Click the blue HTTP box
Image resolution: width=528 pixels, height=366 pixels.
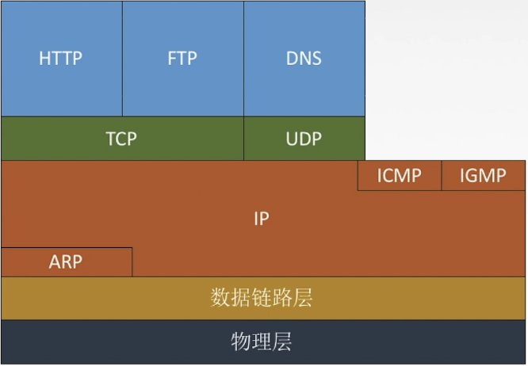point(61,59)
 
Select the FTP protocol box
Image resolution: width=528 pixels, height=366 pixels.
point(182,59)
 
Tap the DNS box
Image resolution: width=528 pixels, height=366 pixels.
point(304,59)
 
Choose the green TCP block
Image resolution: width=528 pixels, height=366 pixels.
point(121,139)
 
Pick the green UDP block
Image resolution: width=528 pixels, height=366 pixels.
point(304,139)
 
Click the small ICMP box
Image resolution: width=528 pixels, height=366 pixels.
point(399,175)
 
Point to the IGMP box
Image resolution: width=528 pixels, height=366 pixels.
point(483,175)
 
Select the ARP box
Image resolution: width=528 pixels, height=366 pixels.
point(66,261)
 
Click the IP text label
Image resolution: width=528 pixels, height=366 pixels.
point(262,219)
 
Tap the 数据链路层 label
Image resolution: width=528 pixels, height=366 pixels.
point(262,298)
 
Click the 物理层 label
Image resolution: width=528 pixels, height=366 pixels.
point(262,342)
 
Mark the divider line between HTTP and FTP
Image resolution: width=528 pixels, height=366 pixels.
point(122,59)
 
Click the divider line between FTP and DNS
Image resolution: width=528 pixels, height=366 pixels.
point(243,59)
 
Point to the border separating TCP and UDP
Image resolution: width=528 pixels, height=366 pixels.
point(243,139)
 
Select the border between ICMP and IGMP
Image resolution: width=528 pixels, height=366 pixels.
point(441,175)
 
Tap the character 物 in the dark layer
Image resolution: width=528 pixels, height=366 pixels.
point(241,342)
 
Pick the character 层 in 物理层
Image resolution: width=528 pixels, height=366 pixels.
point(282,342)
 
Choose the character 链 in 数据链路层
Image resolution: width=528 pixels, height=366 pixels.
point(262,298)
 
